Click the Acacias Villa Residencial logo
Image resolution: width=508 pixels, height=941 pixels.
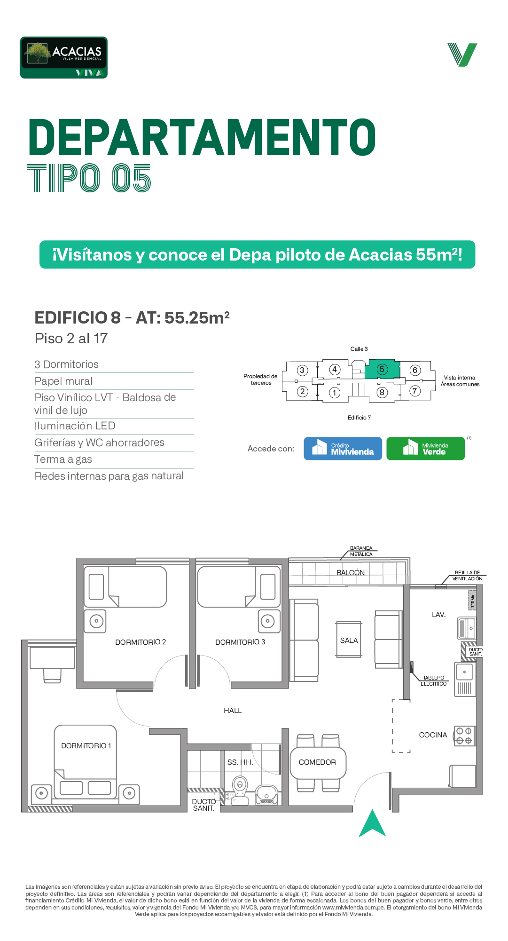coord(64,57)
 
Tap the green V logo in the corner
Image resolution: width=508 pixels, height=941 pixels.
coord(462,55)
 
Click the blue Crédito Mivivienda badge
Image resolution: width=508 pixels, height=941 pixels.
coord(343,449)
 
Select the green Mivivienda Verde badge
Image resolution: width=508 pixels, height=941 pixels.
coord(425,449)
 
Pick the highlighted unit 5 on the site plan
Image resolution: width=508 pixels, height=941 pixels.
coord(383,369)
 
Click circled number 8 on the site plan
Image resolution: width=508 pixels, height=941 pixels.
coord(382,392)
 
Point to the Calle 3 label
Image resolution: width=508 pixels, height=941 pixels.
coord(359,349)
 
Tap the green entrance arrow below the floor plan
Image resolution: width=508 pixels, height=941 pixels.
coord(372,823)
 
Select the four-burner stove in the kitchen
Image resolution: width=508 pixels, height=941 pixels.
coord(464,736)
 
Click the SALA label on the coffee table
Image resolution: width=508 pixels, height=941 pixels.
coord(349,641)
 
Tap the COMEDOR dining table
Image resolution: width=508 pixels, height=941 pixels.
coord(318,762)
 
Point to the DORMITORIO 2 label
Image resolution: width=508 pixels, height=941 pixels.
coord(141,642)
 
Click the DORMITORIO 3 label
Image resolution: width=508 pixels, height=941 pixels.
coord(240,642)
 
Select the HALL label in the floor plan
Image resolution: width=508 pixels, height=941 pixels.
coord(233,711)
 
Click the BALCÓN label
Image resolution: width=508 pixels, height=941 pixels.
coord(351,573)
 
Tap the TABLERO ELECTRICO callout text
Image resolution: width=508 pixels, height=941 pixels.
coord(433,681)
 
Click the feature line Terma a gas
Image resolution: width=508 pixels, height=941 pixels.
coord(63,459)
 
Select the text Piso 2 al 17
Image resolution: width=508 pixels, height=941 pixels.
coord(71,339)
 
